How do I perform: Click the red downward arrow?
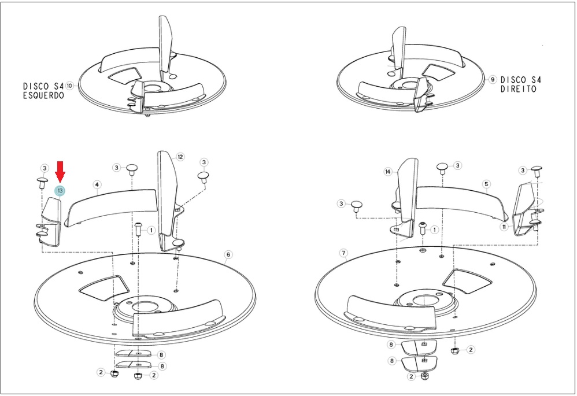[x=60, y=172]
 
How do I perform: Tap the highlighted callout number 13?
[x=60, y=191]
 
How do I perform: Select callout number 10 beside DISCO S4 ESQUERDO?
[x=69, y=86]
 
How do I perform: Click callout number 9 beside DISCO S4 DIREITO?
[x=493, y=80]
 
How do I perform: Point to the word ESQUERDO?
[x=44, y=95]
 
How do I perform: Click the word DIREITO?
[x=519, y=88]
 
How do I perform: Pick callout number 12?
[x=180, y=157]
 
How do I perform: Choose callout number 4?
[x=97, y=184]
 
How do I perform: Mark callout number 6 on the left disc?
[x=228, y=255]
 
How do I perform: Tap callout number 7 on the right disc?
[x=343, y=253]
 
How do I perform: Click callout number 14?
[x=388, y=172]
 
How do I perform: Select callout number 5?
[x=486, y=184]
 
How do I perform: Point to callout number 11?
[x=504, y=227]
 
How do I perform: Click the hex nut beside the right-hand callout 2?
[x=455, y=350]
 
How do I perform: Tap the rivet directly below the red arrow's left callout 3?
[x=42, y=182]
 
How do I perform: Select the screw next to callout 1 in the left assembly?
[x=138, y=229]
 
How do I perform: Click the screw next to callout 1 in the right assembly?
[x=423, y=228]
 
